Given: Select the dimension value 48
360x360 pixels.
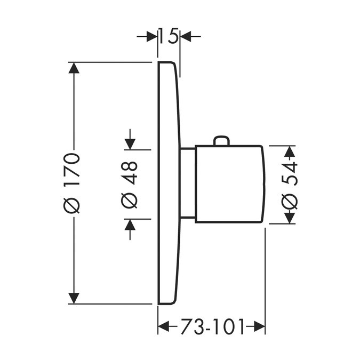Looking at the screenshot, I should pos(130,173).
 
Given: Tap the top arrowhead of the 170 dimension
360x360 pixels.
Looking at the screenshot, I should pos(74,68).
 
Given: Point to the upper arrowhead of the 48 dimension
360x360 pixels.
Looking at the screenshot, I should pos(130,144).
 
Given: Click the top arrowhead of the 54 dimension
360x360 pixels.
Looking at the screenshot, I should pos(290,151).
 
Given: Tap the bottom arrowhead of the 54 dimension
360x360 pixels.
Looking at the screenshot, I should pos(290,217).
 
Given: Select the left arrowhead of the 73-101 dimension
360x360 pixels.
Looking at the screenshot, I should pos(164,326).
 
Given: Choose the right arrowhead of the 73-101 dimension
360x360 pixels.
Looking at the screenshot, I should pos(259,326).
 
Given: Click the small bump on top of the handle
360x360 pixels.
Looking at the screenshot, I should pos(221,141).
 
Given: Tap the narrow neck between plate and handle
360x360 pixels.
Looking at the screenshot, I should pos(187,183).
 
